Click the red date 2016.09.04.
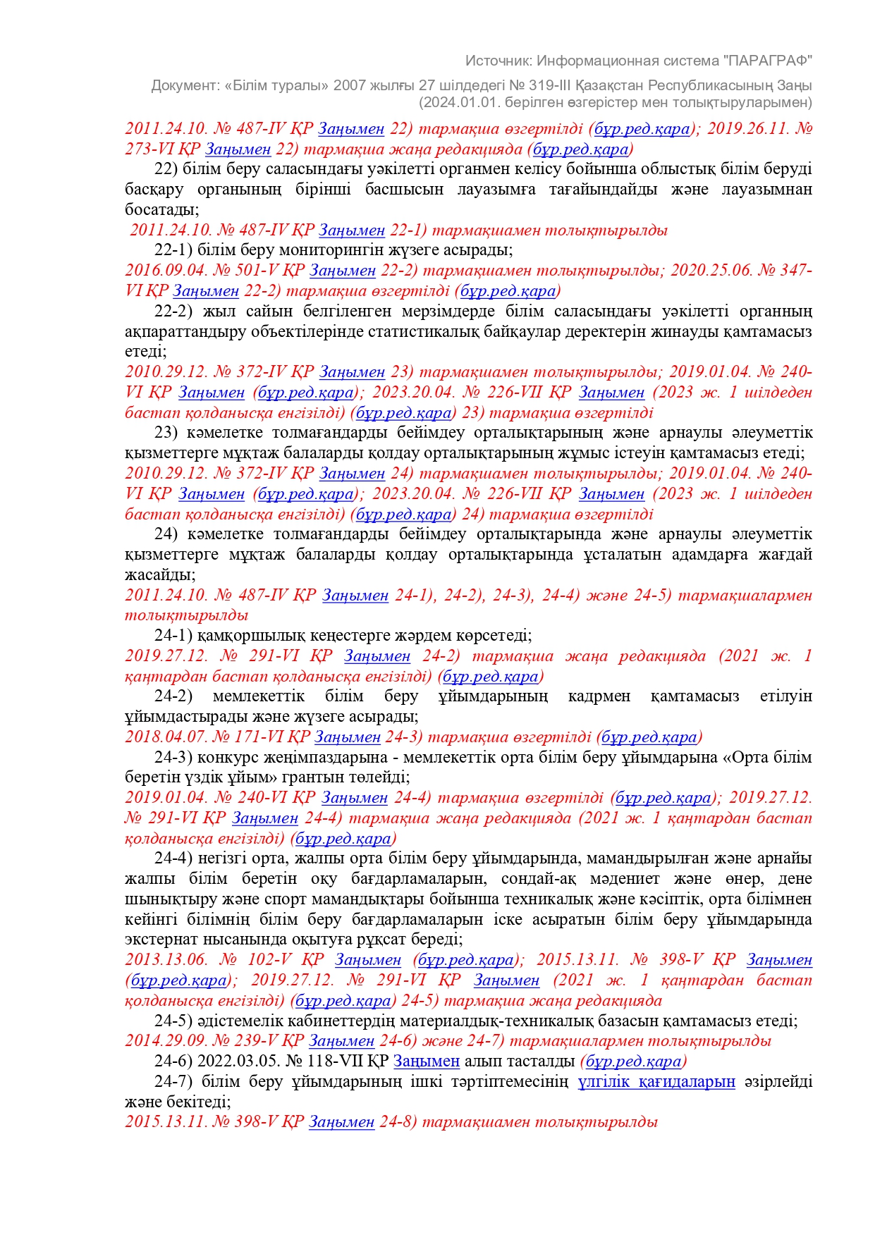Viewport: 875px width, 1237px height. [161, 271]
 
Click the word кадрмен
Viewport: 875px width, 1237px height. [599, 696]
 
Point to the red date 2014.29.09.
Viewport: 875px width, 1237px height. [161, 1041]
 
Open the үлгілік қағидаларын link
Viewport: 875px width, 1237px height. [656, 1082]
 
